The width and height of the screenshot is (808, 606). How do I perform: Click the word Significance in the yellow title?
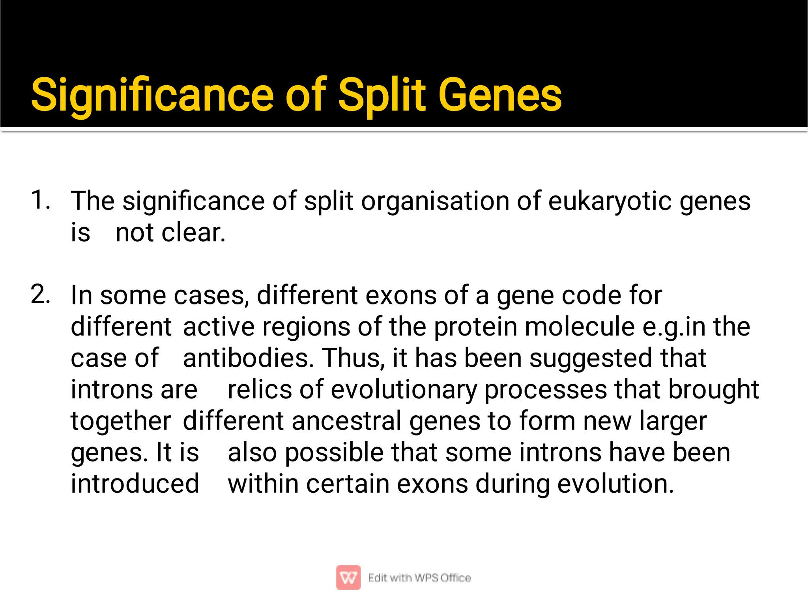coord(152,96)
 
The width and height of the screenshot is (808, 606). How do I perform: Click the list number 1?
coord(40,200)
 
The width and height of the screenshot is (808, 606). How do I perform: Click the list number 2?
coord(40,295)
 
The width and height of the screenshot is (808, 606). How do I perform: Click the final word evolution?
coord(615,484)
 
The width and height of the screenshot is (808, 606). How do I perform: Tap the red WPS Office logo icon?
coord(348,578)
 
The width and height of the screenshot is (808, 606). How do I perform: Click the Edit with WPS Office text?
coord(419,578)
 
